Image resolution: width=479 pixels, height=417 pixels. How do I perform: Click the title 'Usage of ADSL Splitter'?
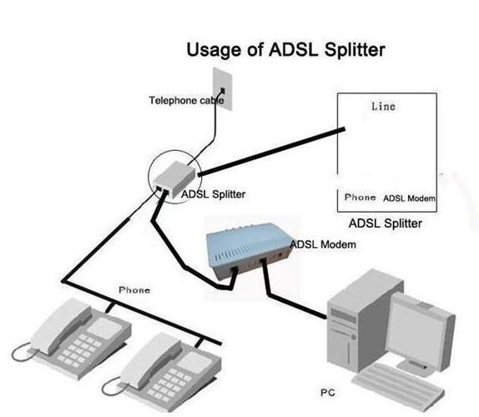[285, 49]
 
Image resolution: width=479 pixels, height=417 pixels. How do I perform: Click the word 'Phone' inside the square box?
[360, 198]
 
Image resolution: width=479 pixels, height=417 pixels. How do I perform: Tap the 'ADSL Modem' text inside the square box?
[410, 198]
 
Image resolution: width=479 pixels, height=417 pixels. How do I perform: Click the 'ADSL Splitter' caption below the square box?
[385, 224]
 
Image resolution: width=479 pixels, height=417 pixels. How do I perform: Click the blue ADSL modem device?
[245, 251]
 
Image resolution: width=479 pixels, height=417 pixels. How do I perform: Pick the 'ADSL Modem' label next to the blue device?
[324, 244]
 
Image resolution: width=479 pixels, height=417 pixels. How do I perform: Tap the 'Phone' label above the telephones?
[134, 290]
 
